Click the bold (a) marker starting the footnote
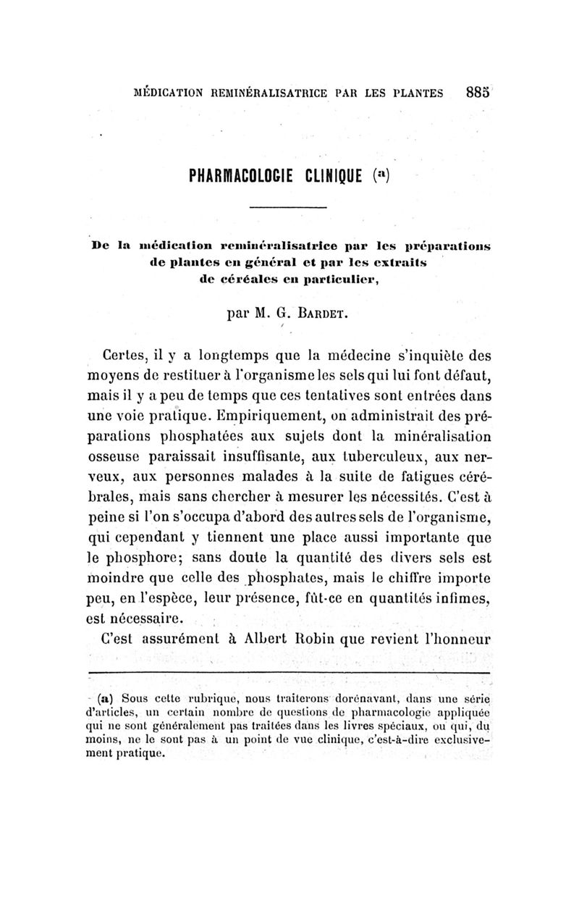106,699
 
